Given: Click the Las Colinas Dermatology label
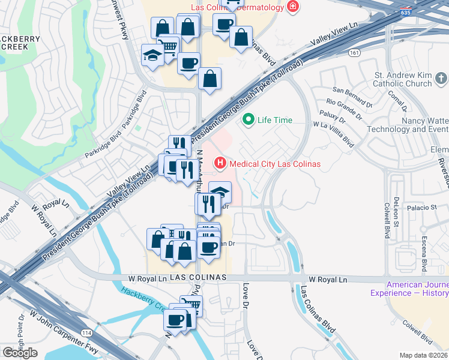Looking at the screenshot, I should point(244,7).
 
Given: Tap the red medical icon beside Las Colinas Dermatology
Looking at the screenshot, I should point(293,7).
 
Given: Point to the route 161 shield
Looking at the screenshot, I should point(355,53).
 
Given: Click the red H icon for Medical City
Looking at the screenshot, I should point(220,163).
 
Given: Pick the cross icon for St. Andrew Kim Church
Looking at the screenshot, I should point(441,79).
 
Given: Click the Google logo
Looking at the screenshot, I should point(20,353).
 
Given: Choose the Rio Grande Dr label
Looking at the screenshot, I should point(345,106).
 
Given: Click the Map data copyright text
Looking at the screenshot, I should point(423,355).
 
